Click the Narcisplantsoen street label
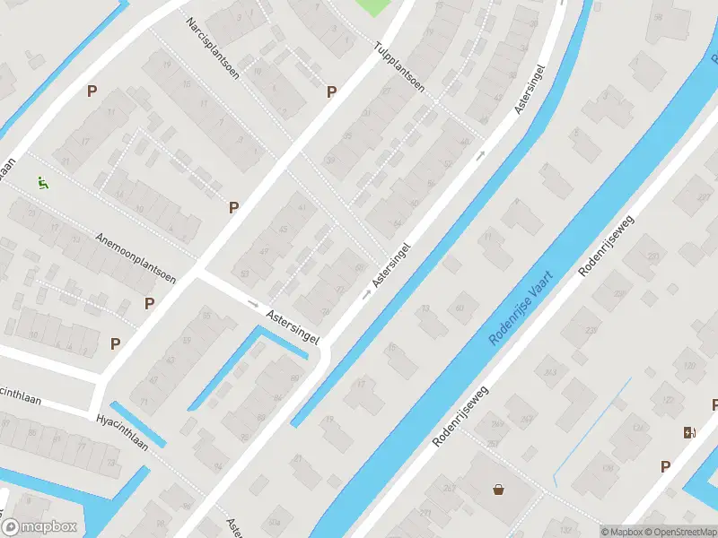click(x=213, y=48)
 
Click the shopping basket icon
click(x=498, y=489)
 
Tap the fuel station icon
click(x=689, y=432)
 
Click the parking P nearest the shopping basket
click(x=665, y=466)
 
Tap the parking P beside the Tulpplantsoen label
click(x=331, y=91)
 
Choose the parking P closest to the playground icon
click(x=92, y=91)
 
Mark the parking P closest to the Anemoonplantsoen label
click(x=149, y=303)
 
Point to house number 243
click(x=551, y=372)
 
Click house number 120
click(x=689, y=366)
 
